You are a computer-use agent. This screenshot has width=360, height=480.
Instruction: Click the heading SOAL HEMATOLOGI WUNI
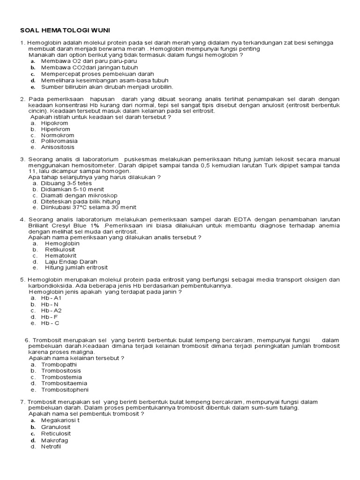(65, 30)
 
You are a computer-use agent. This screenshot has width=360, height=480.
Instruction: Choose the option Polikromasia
(59, 141)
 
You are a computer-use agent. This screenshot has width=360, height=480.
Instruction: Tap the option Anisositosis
(58, 147)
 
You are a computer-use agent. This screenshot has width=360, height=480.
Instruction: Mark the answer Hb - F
(50, 316)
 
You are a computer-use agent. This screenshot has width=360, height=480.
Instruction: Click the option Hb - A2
(51, 310)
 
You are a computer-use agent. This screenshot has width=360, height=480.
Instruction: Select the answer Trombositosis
(61, 370)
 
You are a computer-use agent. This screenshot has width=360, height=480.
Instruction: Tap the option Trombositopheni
(65, 390)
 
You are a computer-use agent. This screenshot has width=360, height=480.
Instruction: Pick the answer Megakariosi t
(60, 420)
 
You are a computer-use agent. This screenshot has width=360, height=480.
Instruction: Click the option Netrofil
(51, 447)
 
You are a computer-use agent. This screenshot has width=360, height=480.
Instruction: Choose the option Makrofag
(54, 440)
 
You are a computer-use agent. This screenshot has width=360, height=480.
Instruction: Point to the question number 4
(22, 219)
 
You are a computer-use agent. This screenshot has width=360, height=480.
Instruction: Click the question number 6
(27, 340)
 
